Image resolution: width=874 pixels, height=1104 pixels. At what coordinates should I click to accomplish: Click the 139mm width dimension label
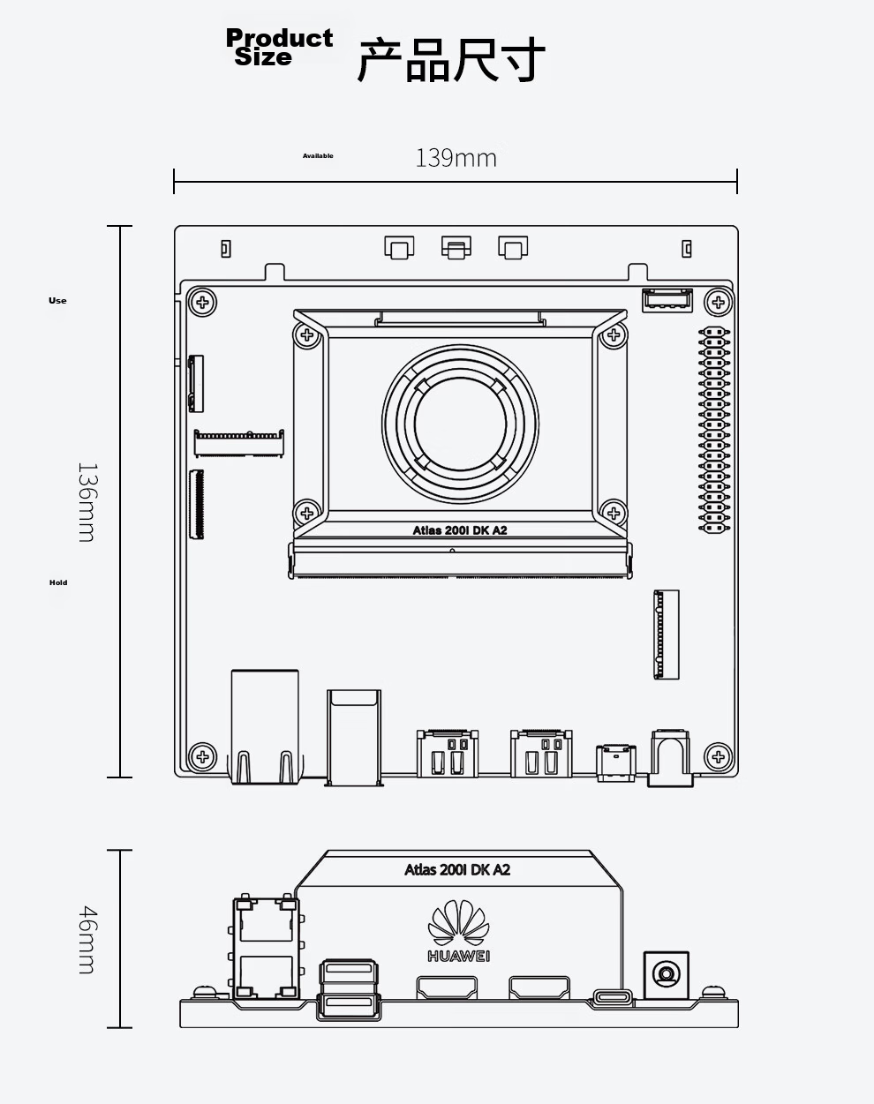(x=456, y=158)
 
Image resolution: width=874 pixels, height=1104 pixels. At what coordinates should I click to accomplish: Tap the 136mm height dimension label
(x=87, y=502)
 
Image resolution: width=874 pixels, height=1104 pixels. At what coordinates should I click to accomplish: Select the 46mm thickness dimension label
(x=87, y=939)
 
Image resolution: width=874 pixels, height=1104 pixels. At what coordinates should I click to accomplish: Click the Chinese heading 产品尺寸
(x=451, y=59)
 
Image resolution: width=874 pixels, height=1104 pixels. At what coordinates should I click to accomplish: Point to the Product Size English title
(x=279, y=47)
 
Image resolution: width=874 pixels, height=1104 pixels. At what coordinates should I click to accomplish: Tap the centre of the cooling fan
(x=460, y=424)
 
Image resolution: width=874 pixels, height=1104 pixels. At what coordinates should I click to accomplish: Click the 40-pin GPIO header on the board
(x=714, y=430)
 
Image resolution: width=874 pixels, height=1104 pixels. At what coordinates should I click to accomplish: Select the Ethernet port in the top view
(x=265, y=726)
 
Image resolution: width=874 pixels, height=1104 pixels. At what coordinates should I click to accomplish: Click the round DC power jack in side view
(x=667, y=973)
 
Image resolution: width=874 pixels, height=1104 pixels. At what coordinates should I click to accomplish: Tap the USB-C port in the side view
(x=613, y=999)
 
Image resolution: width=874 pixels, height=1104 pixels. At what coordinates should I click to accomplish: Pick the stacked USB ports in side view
(x=349, y=989)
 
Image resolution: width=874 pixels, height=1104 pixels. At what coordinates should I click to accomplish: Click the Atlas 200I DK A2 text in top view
(x=460, y=530)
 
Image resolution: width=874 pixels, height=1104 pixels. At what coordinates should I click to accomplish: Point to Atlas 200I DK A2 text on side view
(x=457, y=869)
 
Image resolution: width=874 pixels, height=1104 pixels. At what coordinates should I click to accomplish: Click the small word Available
(x=318, y=156)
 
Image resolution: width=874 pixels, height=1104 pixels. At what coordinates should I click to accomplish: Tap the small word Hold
(x=58, y=582)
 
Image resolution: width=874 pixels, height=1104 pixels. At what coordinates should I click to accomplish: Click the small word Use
(x=57, y=301)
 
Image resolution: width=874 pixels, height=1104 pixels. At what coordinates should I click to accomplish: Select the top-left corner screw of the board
(x=203, y=302)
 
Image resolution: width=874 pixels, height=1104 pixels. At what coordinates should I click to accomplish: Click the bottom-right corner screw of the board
(x=718, y=756)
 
